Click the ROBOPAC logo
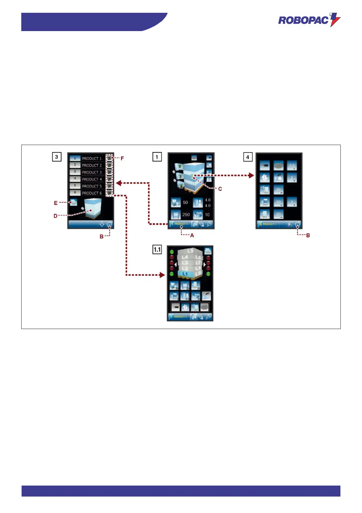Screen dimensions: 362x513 tap(309, 20)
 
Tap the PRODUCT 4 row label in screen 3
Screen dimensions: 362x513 tap(92, 179)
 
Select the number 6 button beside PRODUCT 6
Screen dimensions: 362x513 tap(75, 193)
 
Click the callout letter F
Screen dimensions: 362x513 tap(122, 158)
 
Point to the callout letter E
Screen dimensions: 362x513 tap(56, 203)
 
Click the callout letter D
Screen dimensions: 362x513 tap(55, 216)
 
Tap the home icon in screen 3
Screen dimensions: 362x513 tap(109, 225)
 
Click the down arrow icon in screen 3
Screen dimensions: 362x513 tap(102, 225)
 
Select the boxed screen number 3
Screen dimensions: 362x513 tap(56, 157)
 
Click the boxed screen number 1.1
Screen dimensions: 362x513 tap(157, 249)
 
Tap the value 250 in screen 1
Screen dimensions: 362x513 tap(186, 214)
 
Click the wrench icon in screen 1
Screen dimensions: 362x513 tap(209, 224)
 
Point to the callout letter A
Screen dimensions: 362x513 tap(192, 235)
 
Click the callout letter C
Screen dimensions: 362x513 tap(220, 189)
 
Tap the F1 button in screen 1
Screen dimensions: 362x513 tap(290, 225)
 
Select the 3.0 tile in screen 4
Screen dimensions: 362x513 tap(292, 166)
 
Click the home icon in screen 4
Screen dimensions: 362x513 tap(298, 225)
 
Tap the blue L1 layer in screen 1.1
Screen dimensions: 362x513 tap(185, 274)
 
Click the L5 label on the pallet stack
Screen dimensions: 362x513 tap(190, 251)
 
